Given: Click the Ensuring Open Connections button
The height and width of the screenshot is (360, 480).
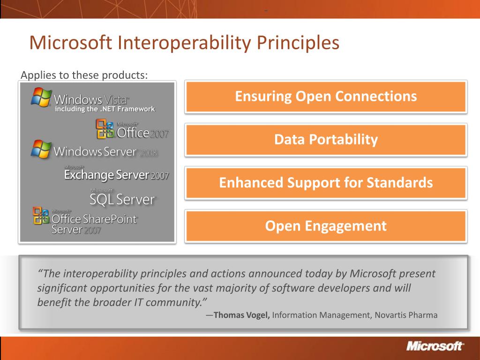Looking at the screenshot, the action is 326,97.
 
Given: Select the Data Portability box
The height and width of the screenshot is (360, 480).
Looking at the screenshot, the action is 326,140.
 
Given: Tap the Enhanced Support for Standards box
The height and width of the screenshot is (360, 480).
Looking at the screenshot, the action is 326,183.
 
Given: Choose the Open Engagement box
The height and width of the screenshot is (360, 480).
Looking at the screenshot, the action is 326,226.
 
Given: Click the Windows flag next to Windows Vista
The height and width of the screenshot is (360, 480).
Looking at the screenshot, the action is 41,97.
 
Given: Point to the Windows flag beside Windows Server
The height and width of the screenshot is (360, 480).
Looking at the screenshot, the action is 41,150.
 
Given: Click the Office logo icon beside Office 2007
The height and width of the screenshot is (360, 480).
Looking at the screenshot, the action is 105,129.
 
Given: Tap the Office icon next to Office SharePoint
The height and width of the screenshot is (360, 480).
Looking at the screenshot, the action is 41,216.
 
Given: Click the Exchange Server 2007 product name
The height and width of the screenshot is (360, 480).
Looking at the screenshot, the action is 116,175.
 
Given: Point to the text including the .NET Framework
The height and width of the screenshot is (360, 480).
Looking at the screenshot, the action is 105,109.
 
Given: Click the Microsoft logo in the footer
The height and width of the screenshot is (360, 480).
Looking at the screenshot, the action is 435,346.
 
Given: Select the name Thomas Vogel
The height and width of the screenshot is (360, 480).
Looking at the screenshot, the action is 241,315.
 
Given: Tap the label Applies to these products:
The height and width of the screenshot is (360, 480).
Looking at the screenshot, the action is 84,75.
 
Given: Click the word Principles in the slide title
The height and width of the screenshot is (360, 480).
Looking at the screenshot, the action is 298,43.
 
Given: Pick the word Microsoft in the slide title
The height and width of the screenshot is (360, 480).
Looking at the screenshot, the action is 71,43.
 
